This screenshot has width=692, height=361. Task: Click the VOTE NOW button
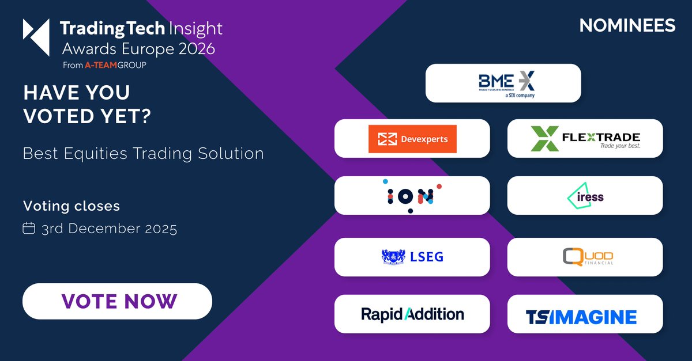(117, 301)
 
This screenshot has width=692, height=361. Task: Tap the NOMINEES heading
(627, 26)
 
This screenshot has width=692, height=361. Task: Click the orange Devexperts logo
(412, 139)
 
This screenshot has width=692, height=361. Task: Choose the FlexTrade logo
(585, 139)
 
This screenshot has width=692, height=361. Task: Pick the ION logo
(412, 196)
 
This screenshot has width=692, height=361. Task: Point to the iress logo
(585, 196)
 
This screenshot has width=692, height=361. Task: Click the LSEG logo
(412, 257)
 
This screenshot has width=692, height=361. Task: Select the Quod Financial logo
(585, 257)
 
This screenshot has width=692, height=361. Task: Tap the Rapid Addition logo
(412, 314)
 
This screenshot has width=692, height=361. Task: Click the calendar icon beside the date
(29, 228)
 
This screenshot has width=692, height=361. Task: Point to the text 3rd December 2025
(109, 229)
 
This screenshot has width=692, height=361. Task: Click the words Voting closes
(72, 206)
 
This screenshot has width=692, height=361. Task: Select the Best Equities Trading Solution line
(143, 154)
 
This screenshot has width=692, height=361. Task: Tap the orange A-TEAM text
(99, 65)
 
